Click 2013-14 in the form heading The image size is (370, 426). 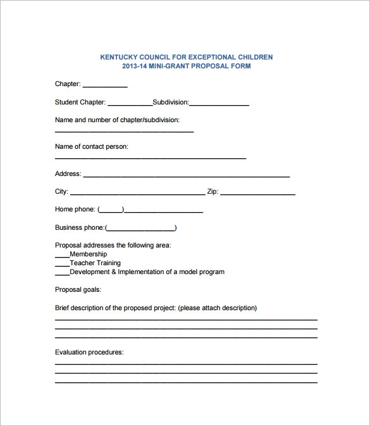click(135, 66)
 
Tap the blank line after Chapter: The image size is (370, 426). click(105, 85)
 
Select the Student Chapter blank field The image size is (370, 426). click(130, 103)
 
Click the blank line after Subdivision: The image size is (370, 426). click(219, 103)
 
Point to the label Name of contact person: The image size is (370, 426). click(92, 147)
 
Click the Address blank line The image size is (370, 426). click(187, 175)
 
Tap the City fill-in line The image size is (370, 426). click(137, 192)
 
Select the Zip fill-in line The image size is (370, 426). click(257, 192)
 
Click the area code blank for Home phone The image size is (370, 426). click(111, 210)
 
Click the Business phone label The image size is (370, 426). click(79, 228)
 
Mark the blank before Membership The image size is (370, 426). click(62, 255)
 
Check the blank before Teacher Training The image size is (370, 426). click(62, 264)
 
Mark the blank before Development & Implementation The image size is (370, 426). click(62, 273)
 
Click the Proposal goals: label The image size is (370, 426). click(78, 290)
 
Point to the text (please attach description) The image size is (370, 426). click(217, 308)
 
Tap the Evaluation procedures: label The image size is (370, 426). click(89, 353)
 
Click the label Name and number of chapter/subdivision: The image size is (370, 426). click(117, 120)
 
